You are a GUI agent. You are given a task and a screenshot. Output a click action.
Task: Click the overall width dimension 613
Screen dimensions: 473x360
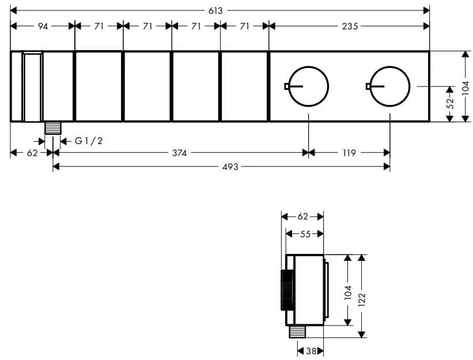215,11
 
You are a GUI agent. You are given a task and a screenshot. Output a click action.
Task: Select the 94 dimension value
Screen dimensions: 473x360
43,26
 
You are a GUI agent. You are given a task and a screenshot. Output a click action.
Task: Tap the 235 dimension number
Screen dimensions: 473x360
350,26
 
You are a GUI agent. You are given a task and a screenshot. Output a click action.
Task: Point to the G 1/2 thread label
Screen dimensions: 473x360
89,141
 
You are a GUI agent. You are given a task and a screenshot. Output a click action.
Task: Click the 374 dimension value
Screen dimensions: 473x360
180,153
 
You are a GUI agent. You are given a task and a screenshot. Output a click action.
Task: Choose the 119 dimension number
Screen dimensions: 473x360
349,153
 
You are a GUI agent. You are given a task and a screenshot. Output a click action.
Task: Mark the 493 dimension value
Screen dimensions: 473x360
230,166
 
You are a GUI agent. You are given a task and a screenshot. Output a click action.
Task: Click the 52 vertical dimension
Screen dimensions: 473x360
450,104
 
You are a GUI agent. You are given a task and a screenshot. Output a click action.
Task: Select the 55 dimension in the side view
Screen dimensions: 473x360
305,234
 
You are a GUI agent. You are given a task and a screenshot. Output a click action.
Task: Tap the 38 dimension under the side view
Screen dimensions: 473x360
311,351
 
